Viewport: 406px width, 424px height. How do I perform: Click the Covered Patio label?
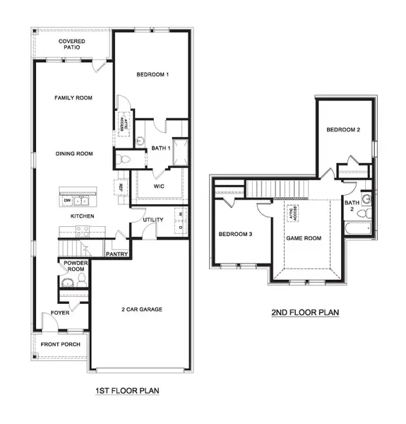tap(72, 47)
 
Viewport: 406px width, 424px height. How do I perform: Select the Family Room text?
tap(73, 98)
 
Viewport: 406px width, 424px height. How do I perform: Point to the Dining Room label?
tap(74, 153)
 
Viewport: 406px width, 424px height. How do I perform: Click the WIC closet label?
tap(160, 187)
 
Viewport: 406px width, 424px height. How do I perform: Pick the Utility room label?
tap(153, 220)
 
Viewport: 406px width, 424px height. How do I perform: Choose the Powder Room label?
tap(76, 266)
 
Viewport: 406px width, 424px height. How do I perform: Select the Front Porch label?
tap(60, 345)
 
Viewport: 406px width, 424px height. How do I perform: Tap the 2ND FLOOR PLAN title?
tap(306, 312)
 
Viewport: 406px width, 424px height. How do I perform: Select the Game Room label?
tap(303, 238)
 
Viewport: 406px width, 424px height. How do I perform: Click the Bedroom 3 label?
tap(235, 235)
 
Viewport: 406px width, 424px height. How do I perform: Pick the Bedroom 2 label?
tap(343, 130)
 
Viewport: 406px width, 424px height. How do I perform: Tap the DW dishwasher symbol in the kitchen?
tap(68, 201)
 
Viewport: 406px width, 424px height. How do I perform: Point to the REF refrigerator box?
tap(121, 187)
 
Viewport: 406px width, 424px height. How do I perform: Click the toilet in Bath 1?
tap(124, 159)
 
